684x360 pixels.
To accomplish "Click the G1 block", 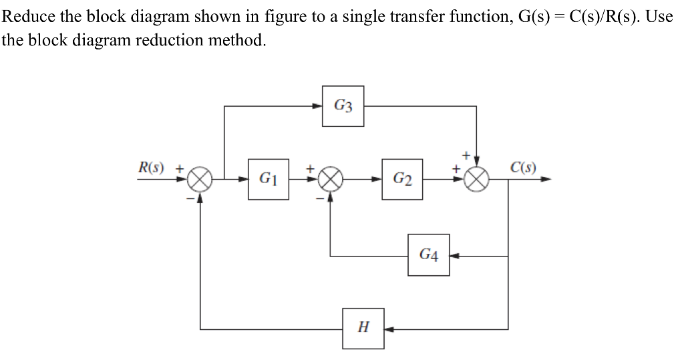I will click(x=269, y=179).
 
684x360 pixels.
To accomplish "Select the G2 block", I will click(x=402, y=179).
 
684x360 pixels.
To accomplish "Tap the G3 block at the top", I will click(x=343, y=106).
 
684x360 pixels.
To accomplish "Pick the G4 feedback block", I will click(x=429, y=254).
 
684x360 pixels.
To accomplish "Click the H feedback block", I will click(x=363, y=328).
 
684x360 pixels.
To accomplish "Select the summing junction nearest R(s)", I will click(x=200, y=180).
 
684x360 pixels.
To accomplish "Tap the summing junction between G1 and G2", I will click(x=330, y=180).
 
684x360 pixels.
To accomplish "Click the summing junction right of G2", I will click(x=478, y=180).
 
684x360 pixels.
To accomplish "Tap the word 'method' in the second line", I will click(x=236, y=40).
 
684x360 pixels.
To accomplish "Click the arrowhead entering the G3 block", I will click(x=318, y=106).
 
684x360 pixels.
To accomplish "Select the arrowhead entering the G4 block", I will click(x=454, y=255).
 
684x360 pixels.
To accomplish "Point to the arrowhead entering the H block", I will click(x=388, y=329).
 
